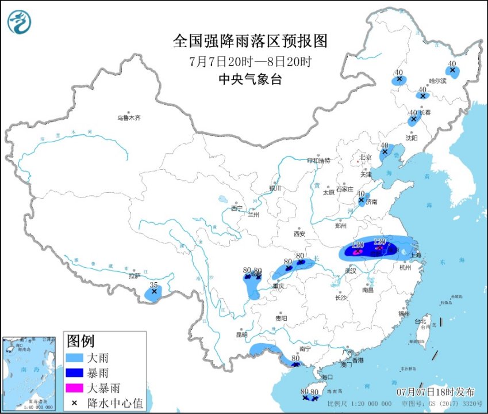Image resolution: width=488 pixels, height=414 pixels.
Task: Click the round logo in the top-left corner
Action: click(x=19, y=22)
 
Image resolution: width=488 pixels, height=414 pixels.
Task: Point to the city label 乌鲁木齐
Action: click(x=129, y=117)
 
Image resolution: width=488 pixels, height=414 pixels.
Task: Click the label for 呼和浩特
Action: click(x=319, y=161)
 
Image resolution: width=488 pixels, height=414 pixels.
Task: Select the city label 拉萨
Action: click(x=135, y=276)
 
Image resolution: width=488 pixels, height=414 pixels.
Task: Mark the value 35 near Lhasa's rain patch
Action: click(x=153, y=284)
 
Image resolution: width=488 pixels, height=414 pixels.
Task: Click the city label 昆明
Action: click(x=241, y=335)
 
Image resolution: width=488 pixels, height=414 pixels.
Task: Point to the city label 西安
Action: click(x=299, y=234)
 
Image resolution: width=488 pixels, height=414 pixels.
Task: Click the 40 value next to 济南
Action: click(x=361, y=193)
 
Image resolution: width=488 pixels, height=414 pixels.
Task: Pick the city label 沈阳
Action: click(x=411, y=138)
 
